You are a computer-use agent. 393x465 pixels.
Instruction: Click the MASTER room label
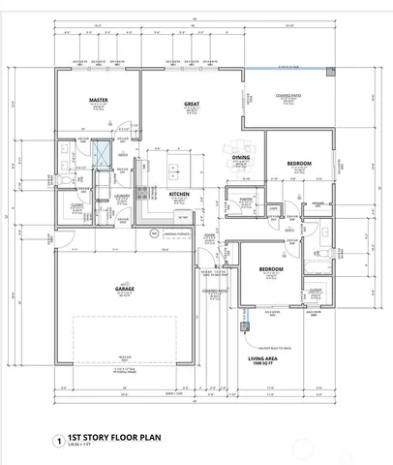pos(98,101)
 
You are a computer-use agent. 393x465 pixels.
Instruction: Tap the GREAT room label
pos(192,102)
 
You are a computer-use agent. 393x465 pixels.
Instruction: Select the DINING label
pos(241,158)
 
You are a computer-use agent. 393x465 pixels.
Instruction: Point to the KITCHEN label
pos(180,195)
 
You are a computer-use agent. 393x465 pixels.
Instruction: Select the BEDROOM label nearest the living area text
pos(270,268)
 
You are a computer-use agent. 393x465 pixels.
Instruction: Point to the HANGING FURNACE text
pos(173,232)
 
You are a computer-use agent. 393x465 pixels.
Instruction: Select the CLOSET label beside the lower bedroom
pos(316,290)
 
